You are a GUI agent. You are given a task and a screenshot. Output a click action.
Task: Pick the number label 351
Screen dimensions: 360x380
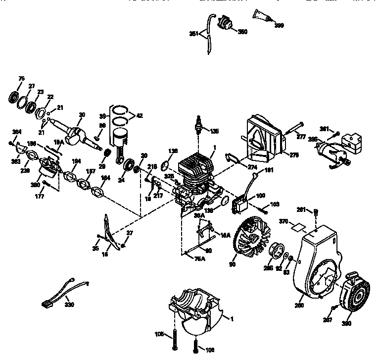[x=194, y=34]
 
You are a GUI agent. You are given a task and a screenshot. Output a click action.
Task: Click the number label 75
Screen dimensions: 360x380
[x=21, y=78]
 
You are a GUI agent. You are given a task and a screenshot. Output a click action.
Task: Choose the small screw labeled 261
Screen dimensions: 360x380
[x=315, y=213]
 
